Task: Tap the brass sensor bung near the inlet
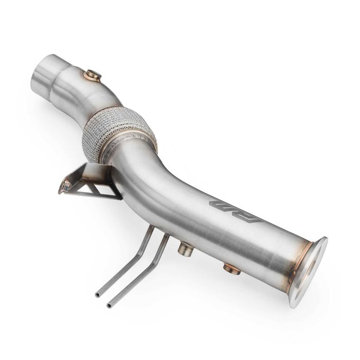[93, 76]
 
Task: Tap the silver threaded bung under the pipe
[186, 250]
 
